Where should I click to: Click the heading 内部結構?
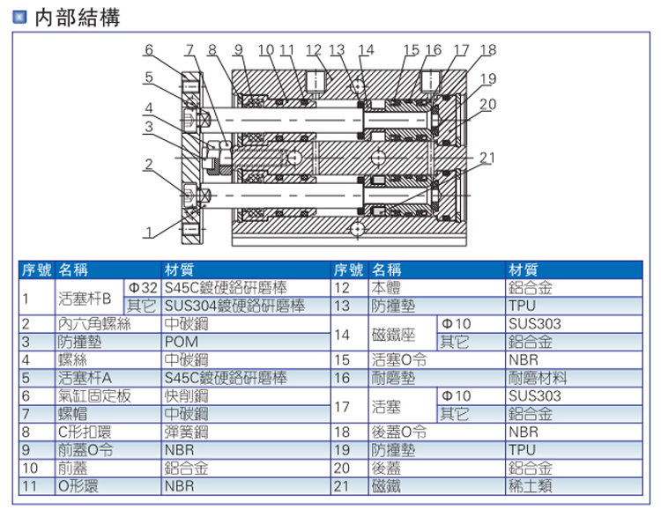click(x=77, y=18)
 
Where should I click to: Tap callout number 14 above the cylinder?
click(x=366, y=49)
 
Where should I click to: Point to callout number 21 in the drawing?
click(x=487, y=158)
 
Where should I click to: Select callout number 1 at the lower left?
click(x=149, y=233)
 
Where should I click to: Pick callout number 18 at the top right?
click(x=487, y=49)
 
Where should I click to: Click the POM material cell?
click(x=181, y=342)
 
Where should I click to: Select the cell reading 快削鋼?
click(x=185, y=396)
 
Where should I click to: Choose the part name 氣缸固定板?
click(x=94, y=396)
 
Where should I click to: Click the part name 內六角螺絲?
click(x=94, y=323)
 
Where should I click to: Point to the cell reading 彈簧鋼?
click(x=185, y=432)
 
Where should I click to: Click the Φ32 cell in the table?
click(x=142, y=287)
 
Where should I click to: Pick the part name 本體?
click(x=387, y=287)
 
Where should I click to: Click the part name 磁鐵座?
click(x=394, y=333)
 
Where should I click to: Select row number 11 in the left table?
click(x=29, y=485)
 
